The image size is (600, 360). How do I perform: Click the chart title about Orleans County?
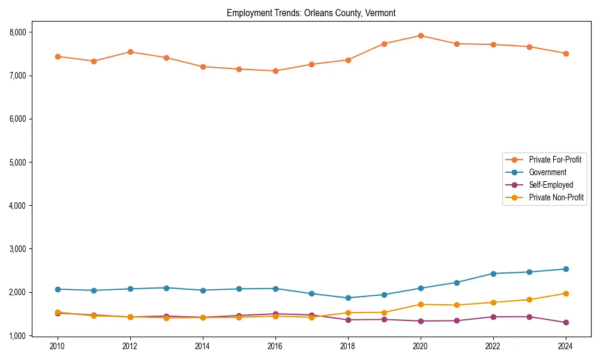click(311, 13)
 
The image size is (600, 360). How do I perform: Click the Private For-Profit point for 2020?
click(421, 35)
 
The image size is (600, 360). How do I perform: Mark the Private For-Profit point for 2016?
click(275, 71)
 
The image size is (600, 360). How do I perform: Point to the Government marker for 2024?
click(566, 269)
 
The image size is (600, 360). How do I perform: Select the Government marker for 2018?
click(348, 298)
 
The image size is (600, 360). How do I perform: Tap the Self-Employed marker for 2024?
click(566, 322)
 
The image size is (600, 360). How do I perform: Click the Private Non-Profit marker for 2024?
click(566, 293)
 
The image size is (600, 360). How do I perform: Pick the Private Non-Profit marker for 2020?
click(421, 304)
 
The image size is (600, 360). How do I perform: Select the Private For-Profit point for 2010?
click(58, 56)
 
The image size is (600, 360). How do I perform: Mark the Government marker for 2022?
click(493, 274)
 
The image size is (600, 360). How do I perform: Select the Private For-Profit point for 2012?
click(130, 52)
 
